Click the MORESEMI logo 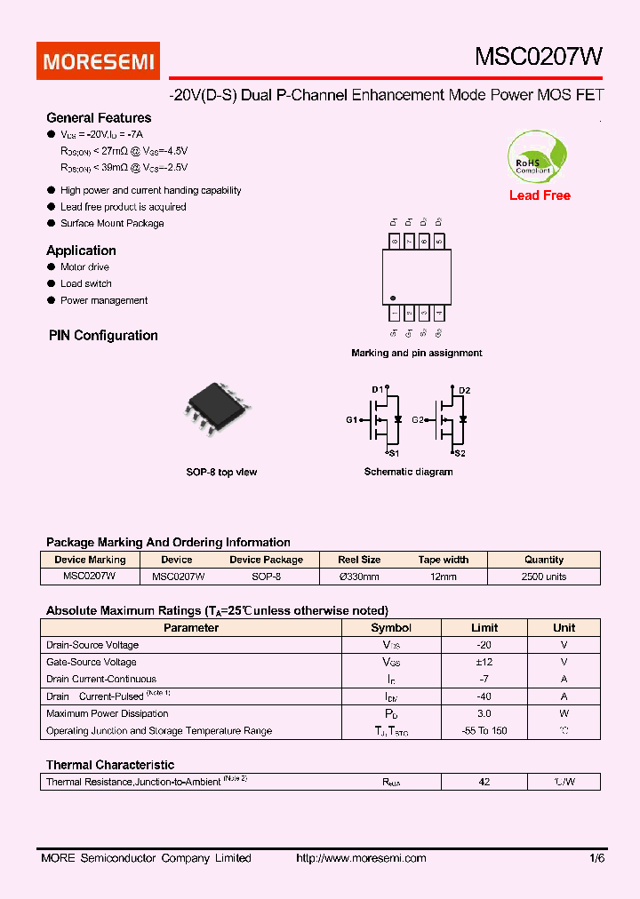tap(98, 61)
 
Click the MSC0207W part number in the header tap(539, 57)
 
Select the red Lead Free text tap(540, 195)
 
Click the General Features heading tap(99, 118)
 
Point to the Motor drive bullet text tap(84, 267)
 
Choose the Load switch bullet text tap(85, 283)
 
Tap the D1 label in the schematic tap(377, 389)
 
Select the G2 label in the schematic tap(418, 419)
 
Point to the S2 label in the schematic tap(460, 453)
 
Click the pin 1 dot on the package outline tap(394, 298)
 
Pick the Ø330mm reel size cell tap(359, 577)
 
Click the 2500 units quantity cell tap(543, 577)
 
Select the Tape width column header tap(443, 560)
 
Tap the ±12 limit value tap(484, 662)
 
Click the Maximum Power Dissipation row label tap(107, 713)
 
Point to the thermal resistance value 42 tap(484, 782)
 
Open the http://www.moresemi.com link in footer tap(360, 858)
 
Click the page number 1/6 tap(596, 858)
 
